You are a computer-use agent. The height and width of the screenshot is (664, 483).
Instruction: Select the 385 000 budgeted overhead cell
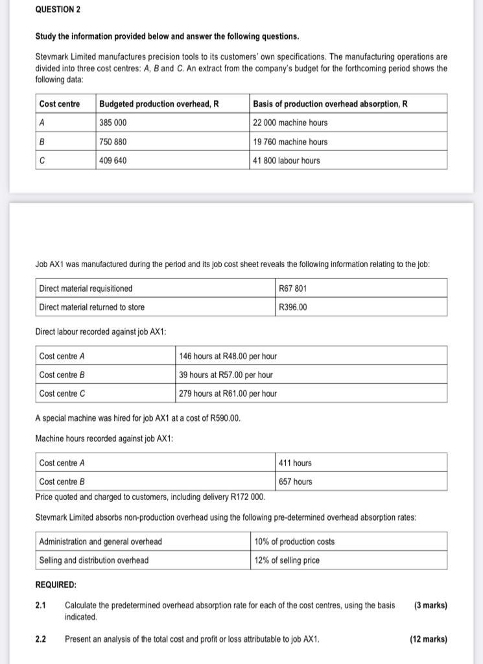click(x=113, y=123)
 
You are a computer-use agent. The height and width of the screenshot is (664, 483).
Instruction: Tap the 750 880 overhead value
click(x=113, y=141)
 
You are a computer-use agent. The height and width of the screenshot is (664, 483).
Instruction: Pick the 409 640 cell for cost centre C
click(x=113, y=160)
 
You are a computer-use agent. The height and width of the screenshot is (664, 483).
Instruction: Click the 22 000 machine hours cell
click(x=290, y=123)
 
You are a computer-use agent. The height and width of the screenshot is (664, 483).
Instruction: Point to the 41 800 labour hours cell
click(x=287, y=160)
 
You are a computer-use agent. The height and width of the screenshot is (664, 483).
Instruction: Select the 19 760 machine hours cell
click(x=290, y=141)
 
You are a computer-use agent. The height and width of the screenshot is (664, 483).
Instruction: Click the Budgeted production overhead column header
click(x=158, y=104)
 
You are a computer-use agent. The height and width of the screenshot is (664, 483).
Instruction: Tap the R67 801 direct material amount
click(x=292, y=289)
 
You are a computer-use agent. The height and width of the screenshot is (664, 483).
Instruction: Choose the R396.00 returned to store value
click(x=293, y=307)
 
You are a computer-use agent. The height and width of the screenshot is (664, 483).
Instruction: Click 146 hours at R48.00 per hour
click(x=228, y=356)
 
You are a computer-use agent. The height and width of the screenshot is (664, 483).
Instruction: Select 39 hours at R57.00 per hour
click(x=226, y=375)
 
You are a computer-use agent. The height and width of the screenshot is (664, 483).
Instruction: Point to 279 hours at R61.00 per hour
click(x=228, y=394)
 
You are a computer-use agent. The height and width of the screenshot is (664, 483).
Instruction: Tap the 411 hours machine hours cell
click(x=295, y=463)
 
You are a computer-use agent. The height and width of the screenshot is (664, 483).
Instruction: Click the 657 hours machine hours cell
click(x=295, y=482)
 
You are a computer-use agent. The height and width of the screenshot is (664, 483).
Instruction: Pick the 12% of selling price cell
click(x=287, y=560)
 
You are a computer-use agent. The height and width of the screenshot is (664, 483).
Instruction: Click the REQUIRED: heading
click(x=56, y=585)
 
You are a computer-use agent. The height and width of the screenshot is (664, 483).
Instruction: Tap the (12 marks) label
click(x=429, y=639)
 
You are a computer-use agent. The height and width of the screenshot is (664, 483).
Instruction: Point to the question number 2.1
click(x=41, y=606)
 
